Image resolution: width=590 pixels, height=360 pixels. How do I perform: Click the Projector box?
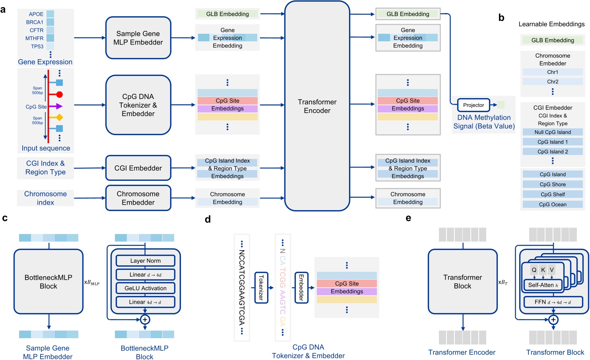pyautogui.click(x=473, y=105)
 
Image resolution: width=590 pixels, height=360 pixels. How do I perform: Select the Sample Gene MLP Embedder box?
pyautogui.click(x=138, y=38)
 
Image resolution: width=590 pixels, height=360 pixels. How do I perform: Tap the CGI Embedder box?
pyautogui.click(x=138, y=168)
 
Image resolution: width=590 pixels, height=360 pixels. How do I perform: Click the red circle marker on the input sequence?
pyautogui.click(x=59, y=95)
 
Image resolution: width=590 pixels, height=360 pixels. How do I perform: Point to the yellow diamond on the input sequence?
pyautogui.click(x=59, y=117)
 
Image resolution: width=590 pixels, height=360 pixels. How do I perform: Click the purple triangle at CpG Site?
pyautogui.click(x=58, y=106)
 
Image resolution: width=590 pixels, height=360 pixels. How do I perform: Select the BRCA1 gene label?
pyautogui.click(x=35, y=22)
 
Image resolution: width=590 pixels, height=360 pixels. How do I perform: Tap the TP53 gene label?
pyautogui.click(x=37, y=46)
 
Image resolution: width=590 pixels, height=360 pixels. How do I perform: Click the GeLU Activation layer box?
pyautogui.click(x=146, y=288)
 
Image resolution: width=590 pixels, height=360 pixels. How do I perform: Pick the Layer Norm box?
pyautogui.click(x=146, y=261)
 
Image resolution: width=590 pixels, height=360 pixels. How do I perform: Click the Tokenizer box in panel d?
pyautogui.click(x=261, y=288)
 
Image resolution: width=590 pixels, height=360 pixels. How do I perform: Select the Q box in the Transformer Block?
pyautogui.click(x=534, y=270)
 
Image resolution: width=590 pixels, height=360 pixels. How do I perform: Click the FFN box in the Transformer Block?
pyautogui.click(x=553, y=302)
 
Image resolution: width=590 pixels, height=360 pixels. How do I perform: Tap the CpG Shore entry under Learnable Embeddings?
pyautogui.click(x=553, y=184)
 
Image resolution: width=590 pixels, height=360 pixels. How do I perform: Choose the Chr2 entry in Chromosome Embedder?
pyautogui.click(x=553, y=81)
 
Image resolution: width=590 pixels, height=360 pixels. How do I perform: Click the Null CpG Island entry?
pyautogui.click(x=553, y=132)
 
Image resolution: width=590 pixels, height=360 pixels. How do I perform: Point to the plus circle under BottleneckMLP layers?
pyautogui.click(x=145, y=320)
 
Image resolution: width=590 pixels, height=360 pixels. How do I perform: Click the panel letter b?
pyautogui.click(x=501, y=18)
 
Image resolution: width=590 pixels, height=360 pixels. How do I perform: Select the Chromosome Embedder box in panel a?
pyautogui.click(x=138, y=198)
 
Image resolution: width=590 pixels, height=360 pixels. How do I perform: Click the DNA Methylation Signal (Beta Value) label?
pyautogui.click(x=484, y=122)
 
